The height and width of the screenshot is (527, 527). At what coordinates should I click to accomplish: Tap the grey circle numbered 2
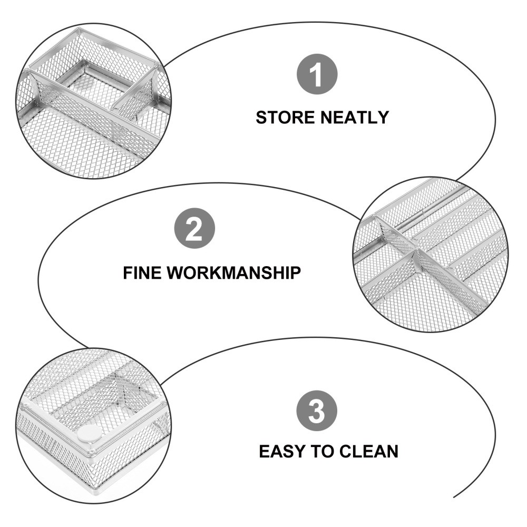[x=195, y=230]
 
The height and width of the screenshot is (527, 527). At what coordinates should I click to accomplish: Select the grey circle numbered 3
[x=316, y=411]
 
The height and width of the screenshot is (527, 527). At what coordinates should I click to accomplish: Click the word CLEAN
[x=369, y=452]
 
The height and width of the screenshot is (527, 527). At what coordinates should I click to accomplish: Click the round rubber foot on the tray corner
[x=89, y=434]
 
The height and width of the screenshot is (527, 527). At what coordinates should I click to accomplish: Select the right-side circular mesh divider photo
[x=430, y=255]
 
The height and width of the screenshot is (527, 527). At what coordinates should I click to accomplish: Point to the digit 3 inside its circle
[x=316, y=411]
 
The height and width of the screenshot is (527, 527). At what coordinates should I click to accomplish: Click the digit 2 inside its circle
[x=195, y=230]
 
